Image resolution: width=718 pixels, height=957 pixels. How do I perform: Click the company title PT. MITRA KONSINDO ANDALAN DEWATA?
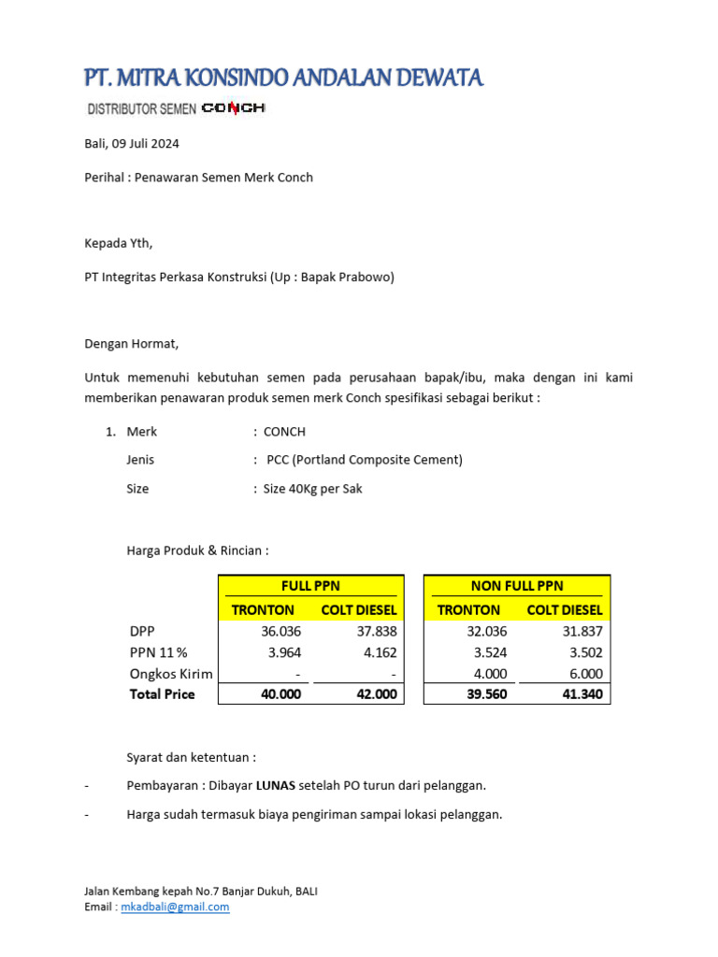tap(283, 78)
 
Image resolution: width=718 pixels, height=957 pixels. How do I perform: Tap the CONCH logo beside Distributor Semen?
tap(234, 108)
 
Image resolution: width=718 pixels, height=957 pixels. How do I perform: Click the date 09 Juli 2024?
tap(145, 144)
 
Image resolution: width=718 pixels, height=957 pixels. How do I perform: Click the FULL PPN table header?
tap(310, 586)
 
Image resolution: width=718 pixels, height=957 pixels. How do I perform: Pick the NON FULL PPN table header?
tap(517, 586)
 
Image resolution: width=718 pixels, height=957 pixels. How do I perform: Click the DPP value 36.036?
tap(281, 632)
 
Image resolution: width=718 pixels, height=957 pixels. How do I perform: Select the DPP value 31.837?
tap(582, 632)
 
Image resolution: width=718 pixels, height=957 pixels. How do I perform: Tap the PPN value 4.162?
tap(377, 652)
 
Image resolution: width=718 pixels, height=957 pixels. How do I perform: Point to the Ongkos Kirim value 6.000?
tap(582, 674)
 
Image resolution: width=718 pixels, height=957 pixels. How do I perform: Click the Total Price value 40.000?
tap(280, 694)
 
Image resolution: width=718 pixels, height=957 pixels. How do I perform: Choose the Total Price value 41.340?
tap(582, 694)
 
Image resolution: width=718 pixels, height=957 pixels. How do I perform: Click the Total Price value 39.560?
tap(486, 694)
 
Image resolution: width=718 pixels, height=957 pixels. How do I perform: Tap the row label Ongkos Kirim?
tap(171, 674)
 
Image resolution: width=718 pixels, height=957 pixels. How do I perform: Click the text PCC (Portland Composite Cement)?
tap(364, 460)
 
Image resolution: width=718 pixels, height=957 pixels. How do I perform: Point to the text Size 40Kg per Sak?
tap(312, 489)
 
